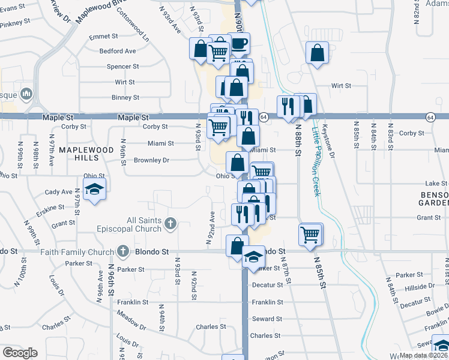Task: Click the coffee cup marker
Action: (240, 44)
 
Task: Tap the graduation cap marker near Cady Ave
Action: (94, 190)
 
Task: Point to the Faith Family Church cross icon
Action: (123, 251)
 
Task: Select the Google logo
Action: (20, 353)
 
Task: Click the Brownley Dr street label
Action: (152, 160)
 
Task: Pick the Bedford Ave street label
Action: (118, 52)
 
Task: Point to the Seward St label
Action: (267, 319)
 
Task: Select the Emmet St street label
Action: (101, 37)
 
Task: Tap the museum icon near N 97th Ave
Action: (26, 94)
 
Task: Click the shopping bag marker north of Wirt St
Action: (316, 53)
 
